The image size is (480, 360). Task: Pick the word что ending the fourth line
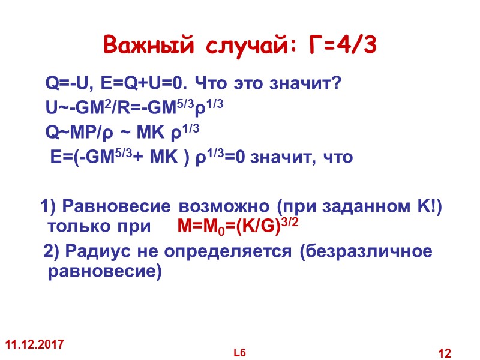tap(338, 158)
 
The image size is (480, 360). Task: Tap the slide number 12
tap(445, 352)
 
